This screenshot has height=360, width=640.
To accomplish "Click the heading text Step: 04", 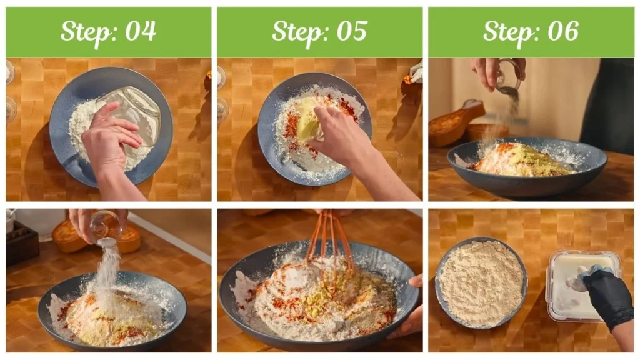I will pos(108,31).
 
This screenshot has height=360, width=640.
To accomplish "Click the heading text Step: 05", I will pos(319,31).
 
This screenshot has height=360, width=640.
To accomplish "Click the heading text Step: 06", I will pos(531,31).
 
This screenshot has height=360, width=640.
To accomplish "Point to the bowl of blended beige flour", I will pos(481,282).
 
